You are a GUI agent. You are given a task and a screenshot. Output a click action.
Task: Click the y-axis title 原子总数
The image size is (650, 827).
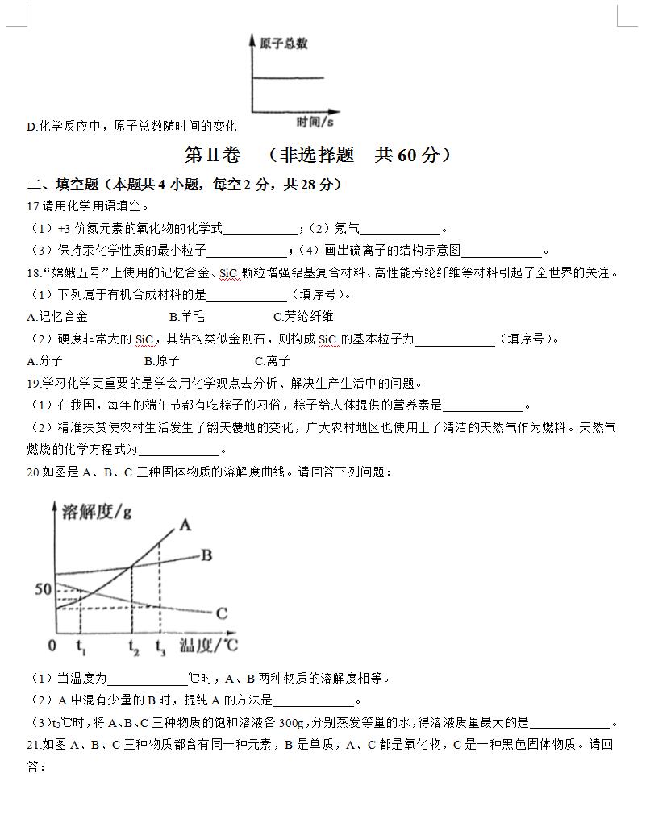click(283, 44)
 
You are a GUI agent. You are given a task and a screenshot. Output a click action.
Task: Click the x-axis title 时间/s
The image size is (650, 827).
click(315, 122)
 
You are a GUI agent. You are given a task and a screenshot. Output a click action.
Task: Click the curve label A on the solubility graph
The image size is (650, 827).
click(185, 525)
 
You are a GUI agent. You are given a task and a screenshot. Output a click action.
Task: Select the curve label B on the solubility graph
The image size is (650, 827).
click(206, 555)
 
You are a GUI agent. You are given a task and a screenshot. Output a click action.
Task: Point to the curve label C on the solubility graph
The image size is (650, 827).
click(222, 613)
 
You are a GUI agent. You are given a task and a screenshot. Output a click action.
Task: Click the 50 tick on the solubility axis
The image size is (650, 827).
click(43, 589)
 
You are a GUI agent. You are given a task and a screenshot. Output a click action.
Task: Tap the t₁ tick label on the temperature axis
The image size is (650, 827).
click(81, 645)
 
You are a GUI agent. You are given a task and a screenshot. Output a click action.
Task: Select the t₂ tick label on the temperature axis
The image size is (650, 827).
click(133, 645)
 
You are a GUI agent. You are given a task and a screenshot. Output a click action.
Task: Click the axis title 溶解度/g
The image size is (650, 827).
click(92, 509)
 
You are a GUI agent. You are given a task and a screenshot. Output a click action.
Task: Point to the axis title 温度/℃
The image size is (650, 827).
click(207, 644)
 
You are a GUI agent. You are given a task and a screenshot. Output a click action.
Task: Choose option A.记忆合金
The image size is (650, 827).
click(57, 317)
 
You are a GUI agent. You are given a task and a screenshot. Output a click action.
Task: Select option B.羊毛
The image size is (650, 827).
click(187, 317)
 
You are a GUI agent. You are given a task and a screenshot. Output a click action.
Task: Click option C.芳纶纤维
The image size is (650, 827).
click(303, 317)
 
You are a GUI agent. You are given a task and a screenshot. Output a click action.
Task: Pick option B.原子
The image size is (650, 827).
click(161, 361)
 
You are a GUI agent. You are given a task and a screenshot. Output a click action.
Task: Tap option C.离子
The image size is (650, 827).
click(272, 361)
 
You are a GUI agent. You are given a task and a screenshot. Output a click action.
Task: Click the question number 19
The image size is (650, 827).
click(33, 383)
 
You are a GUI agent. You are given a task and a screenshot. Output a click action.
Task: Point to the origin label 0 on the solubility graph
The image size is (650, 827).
click(52, 645)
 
